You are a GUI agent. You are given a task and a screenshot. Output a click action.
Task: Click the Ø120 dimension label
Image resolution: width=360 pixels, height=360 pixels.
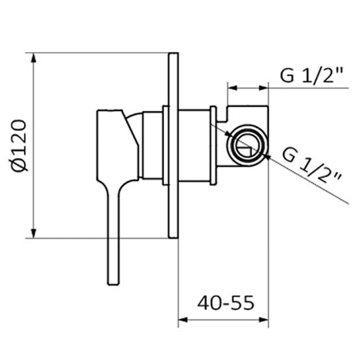point(19,145)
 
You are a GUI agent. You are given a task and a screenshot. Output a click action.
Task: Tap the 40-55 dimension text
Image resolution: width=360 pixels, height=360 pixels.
point(226,303)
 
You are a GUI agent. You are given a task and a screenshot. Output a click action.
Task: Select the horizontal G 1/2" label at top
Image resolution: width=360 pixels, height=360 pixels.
point(311,75)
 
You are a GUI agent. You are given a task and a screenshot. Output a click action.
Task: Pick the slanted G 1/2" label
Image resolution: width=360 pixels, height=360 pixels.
point(311,165)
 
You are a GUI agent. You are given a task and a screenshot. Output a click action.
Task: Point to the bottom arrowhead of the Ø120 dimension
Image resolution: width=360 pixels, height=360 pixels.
point(34,234)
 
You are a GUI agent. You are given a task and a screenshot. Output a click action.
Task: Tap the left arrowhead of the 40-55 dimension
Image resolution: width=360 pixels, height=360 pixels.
point(183,320)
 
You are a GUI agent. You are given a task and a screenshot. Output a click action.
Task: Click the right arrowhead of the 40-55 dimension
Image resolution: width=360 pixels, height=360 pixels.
point(264,320)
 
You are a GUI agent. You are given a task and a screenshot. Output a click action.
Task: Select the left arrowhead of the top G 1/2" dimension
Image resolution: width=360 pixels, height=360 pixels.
point(232,88)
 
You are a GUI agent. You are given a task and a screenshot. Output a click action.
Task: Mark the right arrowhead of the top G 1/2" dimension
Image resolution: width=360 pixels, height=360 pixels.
point(263,88)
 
